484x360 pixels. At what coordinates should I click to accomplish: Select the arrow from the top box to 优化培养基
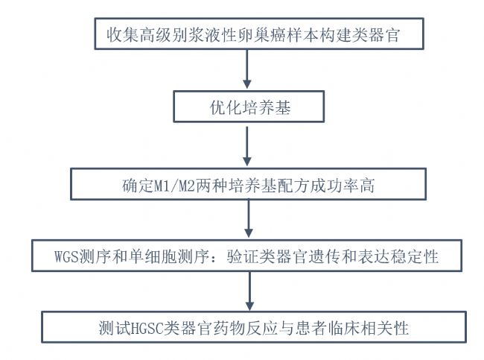pos(246,69)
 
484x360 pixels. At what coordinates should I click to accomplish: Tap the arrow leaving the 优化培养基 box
pos(246,146)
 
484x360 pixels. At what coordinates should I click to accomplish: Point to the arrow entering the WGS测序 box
pos(249,218)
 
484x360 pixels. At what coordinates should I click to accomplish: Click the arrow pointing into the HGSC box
pos(249,291)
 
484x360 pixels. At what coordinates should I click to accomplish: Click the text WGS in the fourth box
pos(66,256)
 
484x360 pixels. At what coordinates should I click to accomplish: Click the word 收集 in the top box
pos(122,34)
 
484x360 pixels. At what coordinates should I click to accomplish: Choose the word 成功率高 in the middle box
pos(343,186)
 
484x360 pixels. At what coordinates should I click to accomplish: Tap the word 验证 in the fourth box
pos(243,256)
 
